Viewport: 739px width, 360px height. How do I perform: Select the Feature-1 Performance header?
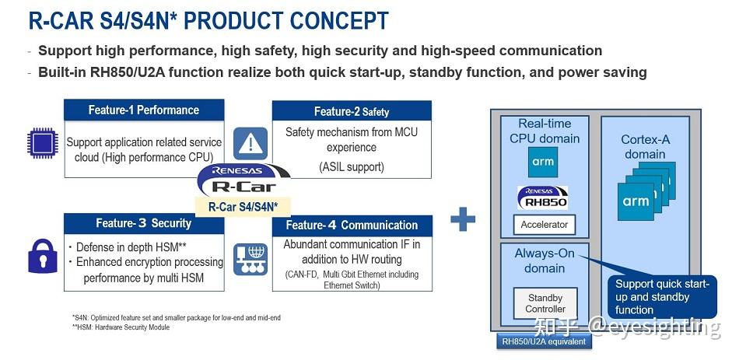143,110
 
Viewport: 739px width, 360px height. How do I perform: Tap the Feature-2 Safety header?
352,111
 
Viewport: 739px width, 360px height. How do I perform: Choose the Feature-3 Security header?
143,223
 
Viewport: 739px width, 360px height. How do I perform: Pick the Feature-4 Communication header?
352,225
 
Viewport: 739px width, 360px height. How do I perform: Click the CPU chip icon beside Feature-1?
42,145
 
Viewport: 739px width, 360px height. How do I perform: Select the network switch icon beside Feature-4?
249,257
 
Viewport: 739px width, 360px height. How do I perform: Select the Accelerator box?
544,225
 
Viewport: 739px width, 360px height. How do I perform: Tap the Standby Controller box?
545,303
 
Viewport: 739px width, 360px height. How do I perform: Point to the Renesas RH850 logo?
543,197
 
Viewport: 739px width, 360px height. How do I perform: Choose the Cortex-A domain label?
645,147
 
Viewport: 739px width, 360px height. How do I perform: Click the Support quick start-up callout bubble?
661,297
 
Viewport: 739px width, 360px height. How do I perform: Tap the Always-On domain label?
545,261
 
